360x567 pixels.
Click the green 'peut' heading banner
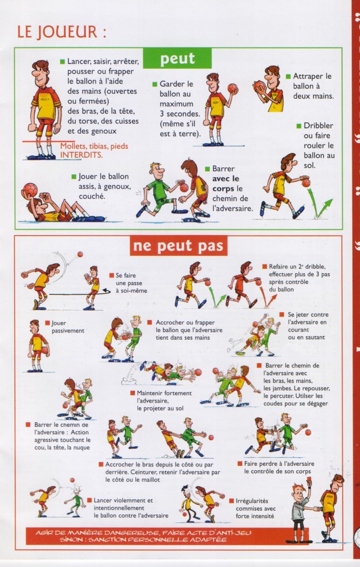coord(177,59)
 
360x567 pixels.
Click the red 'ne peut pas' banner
coord(178,246)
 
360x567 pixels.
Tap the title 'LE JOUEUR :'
coord(61,31)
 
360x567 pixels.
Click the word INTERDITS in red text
coord(82,154)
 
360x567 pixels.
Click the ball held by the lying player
coord(30,189)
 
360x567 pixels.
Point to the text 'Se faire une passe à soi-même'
coord(131,283)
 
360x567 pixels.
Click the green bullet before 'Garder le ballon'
coord(155,84)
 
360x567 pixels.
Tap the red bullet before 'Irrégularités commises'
coord(232,500)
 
